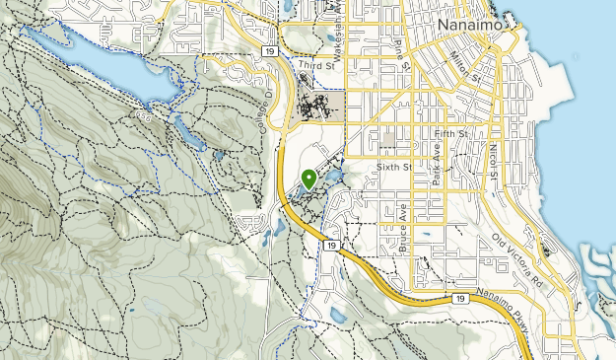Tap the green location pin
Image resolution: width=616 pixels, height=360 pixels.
coord(309,179)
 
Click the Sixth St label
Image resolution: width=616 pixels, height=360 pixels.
coord(392,168)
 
